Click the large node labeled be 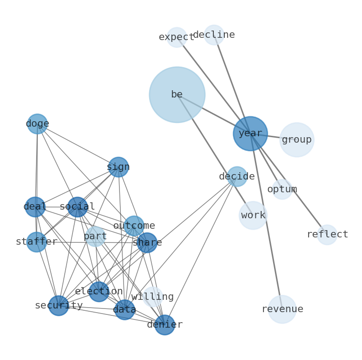click(x=177, y=95)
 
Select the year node click(x=250, y=134)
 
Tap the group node click(x=297, y=140)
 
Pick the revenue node click(x=282, y=309)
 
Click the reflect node click(x=327, y=235)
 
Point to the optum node click(x=282, y=189)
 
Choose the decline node click(x=214, y=35)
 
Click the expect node click(x=177, y=37)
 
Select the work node click(x=253, y=216)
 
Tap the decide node click(x=237, y=176)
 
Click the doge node click(x=37, y=124)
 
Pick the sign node click(x=118, y=167)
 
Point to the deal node click(x=35, y=207)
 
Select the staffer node click(x=36, y=242)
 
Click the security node click(x=59, y=306)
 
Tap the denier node click(x=165, y=325)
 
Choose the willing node click(x=153, y=297)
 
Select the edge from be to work click(x=214, y=154)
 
